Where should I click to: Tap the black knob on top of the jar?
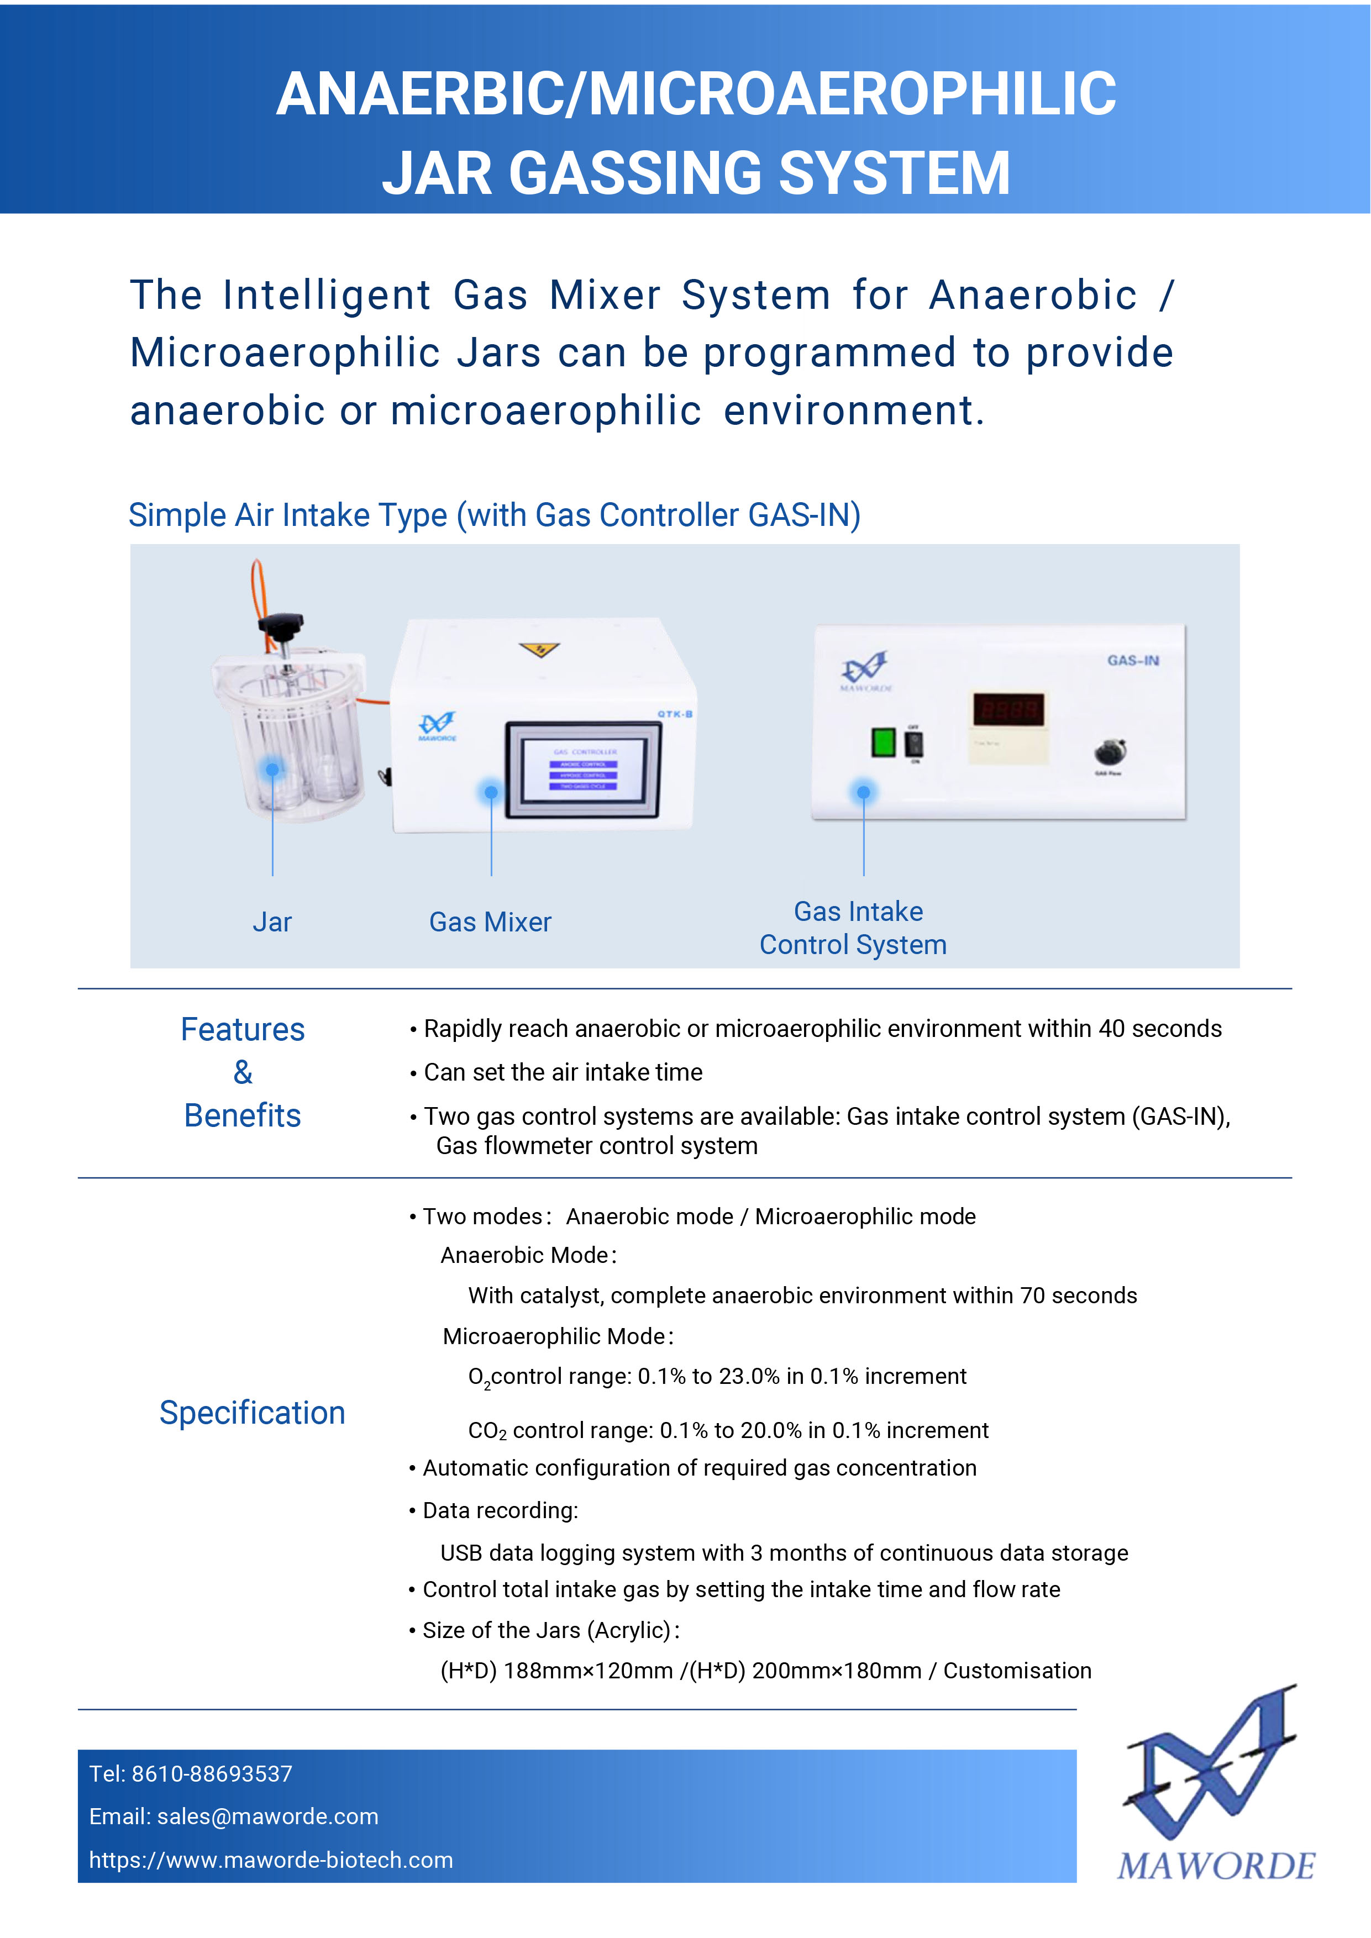tap(280, 626)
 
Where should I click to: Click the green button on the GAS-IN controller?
tap(883, 743)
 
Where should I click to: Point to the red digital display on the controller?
tap(1009, 709)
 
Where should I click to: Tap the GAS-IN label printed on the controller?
tap(1133, 660)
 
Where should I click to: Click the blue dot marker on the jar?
tap(272, 769)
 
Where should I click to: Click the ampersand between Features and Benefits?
tap(242, 1072)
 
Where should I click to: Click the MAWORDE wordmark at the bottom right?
tap(1216, 1866)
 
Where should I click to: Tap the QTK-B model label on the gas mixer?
tap(675, 714)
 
